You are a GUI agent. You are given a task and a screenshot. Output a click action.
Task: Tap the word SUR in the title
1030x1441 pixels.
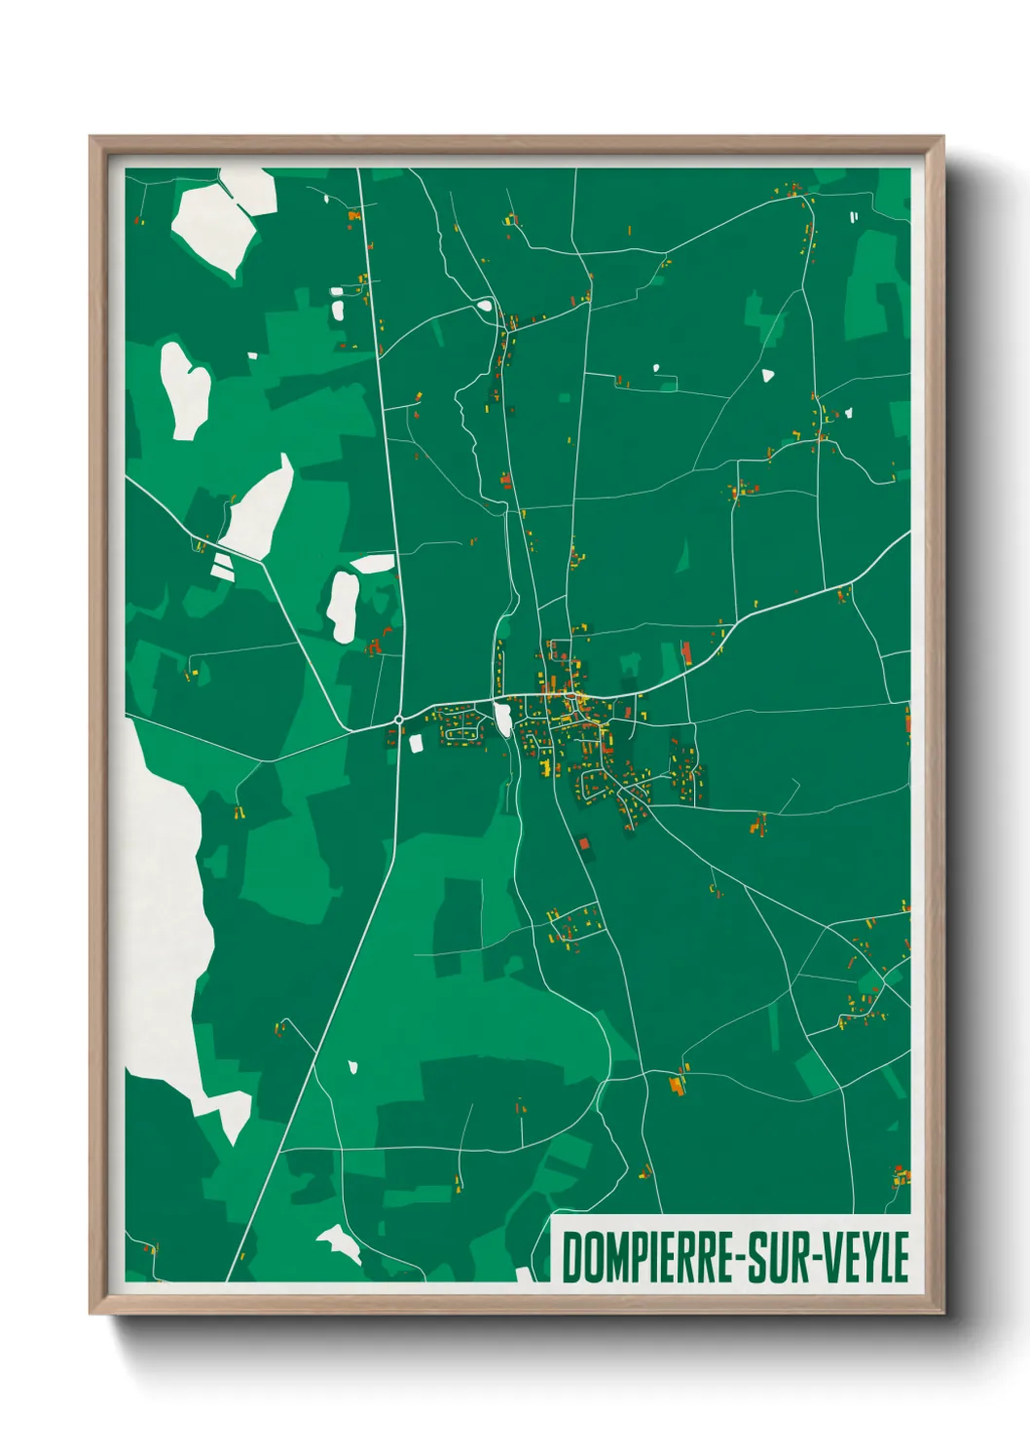780,1257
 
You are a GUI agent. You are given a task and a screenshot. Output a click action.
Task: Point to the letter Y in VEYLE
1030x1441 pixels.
863,1257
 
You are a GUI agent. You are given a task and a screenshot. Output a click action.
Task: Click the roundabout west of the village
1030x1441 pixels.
399,720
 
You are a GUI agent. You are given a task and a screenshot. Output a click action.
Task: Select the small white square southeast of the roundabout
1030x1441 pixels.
417,744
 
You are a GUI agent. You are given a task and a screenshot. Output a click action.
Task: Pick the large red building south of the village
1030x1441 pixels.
584,844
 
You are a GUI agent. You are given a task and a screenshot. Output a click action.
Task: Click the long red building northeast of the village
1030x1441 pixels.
685,651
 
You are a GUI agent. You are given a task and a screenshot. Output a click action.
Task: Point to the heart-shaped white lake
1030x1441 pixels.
185,389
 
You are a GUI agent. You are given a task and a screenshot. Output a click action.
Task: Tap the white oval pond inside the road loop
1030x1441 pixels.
484,306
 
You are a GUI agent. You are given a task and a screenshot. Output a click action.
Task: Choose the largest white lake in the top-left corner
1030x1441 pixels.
219,222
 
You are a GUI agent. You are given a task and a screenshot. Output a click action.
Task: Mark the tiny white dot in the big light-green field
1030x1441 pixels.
353,1067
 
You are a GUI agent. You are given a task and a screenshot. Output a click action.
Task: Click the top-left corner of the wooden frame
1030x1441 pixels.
92,138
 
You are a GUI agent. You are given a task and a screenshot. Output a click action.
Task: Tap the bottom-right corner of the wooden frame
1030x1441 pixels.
942,1312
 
